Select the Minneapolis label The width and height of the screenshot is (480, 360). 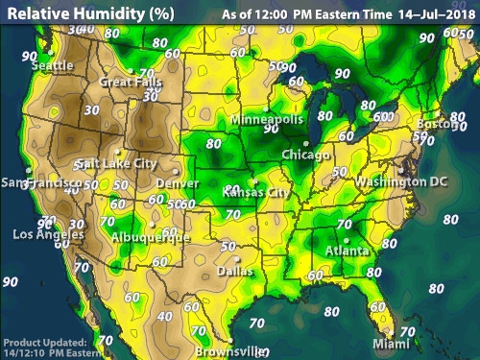pos(267,119)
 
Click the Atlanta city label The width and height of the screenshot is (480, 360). pos(345,252)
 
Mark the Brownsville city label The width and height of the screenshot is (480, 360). pos(231,351)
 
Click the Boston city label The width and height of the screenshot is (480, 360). pos(436,124)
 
